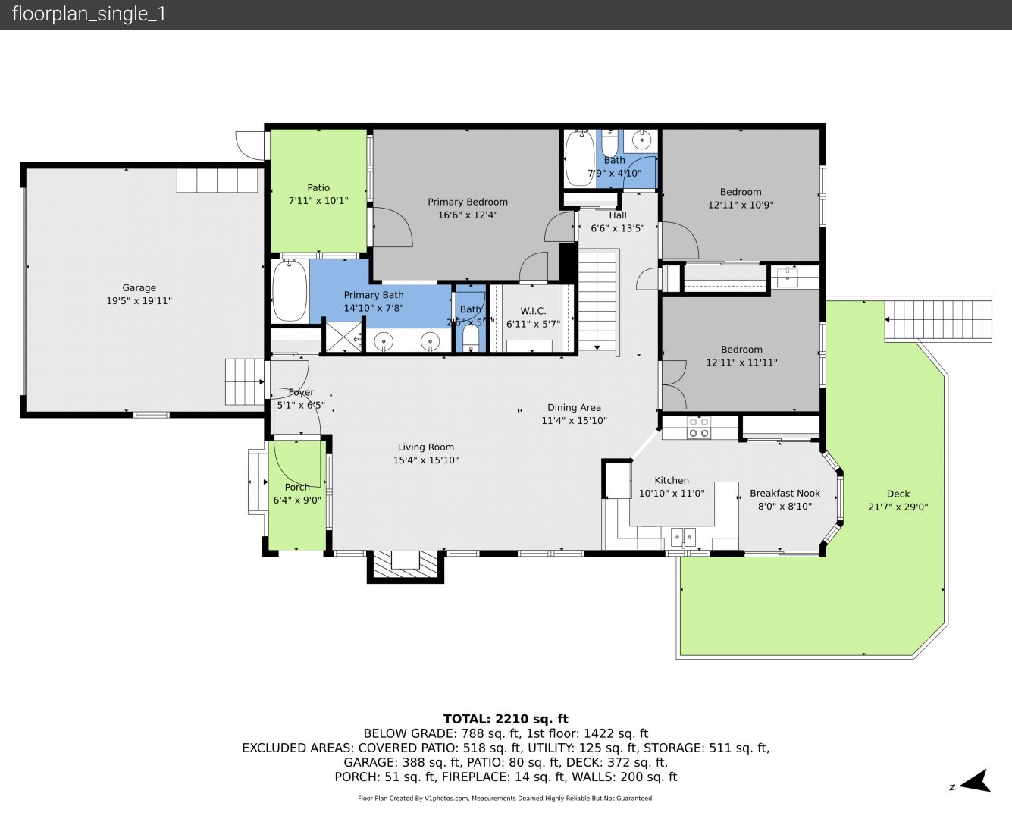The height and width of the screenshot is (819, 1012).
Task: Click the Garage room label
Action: [139, 287]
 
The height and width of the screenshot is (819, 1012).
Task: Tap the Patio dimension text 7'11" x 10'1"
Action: [318, 201]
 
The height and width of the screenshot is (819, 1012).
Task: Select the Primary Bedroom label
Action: [468, 202]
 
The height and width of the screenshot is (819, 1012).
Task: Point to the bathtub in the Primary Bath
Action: [290, 291]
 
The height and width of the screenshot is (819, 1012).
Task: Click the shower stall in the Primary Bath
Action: [343, 337]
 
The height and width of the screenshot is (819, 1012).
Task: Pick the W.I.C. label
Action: [533, 311]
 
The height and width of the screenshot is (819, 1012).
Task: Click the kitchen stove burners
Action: [699, 428]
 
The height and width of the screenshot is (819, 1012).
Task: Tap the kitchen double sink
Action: [683, 538]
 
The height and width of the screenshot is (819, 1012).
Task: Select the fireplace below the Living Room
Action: [406, 566]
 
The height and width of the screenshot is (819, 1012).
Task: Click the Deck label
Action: [898, 494]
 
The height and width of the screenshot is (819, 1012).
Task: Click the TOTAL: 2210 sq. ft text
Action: [506, 719]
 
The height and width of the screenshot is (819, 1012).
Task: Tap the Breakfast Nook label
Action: [785, 494]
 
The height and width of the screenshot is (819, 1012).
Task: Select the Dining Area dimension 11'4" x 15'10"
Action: [574, 420]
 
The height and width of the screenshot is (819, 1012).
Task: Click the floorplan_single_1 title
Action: [89, 14]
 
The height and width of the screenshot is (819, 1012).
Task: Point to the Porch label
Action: [297, 487]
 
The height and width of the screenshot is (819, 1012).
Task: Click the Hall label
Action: [618, 215]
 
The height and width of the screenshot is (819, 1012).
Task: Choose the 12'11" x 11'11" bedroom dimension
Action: [741, 362]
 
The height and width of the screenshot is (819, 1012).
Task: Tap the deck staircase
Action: [938, 320]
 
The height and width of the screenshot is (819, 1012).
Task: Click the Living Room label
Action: [426, 447]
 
